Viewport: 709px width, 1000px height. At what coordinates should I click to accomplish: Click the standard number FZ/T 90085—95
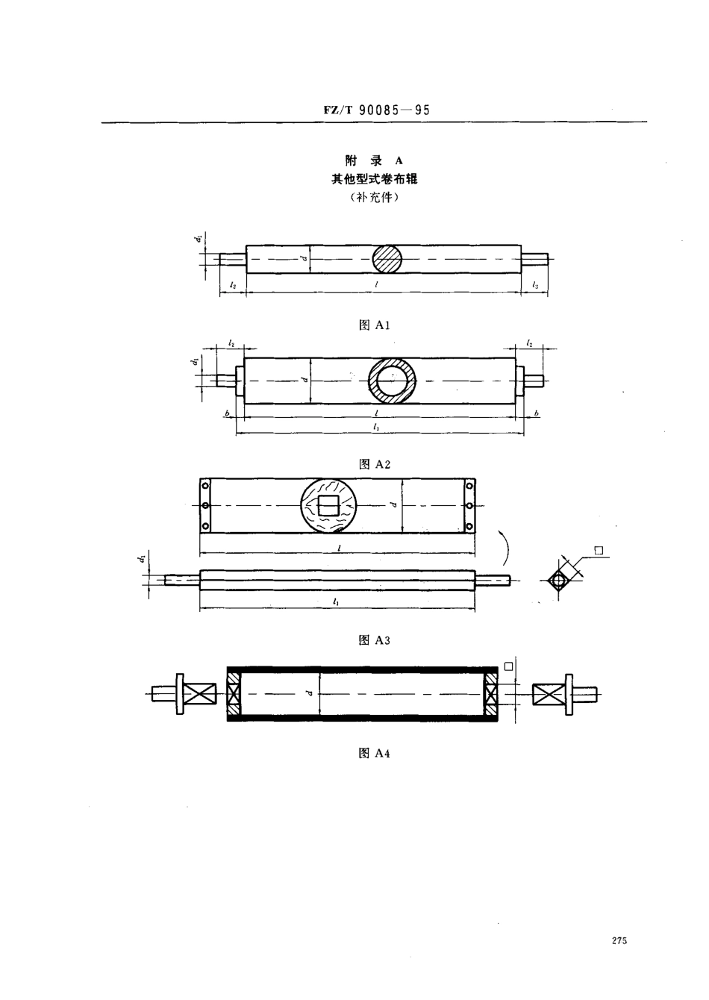377,110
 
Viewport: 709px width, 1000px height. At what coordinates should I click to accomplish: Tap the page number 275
619,941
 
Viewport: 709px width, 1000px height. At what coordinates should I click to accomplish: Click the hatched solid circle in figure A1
387,259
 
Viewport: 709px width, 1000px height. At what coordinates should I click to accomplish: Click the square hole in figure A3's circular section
328,506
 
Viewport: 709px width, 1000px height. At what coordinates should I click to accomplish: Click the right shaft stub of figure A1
534,259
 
